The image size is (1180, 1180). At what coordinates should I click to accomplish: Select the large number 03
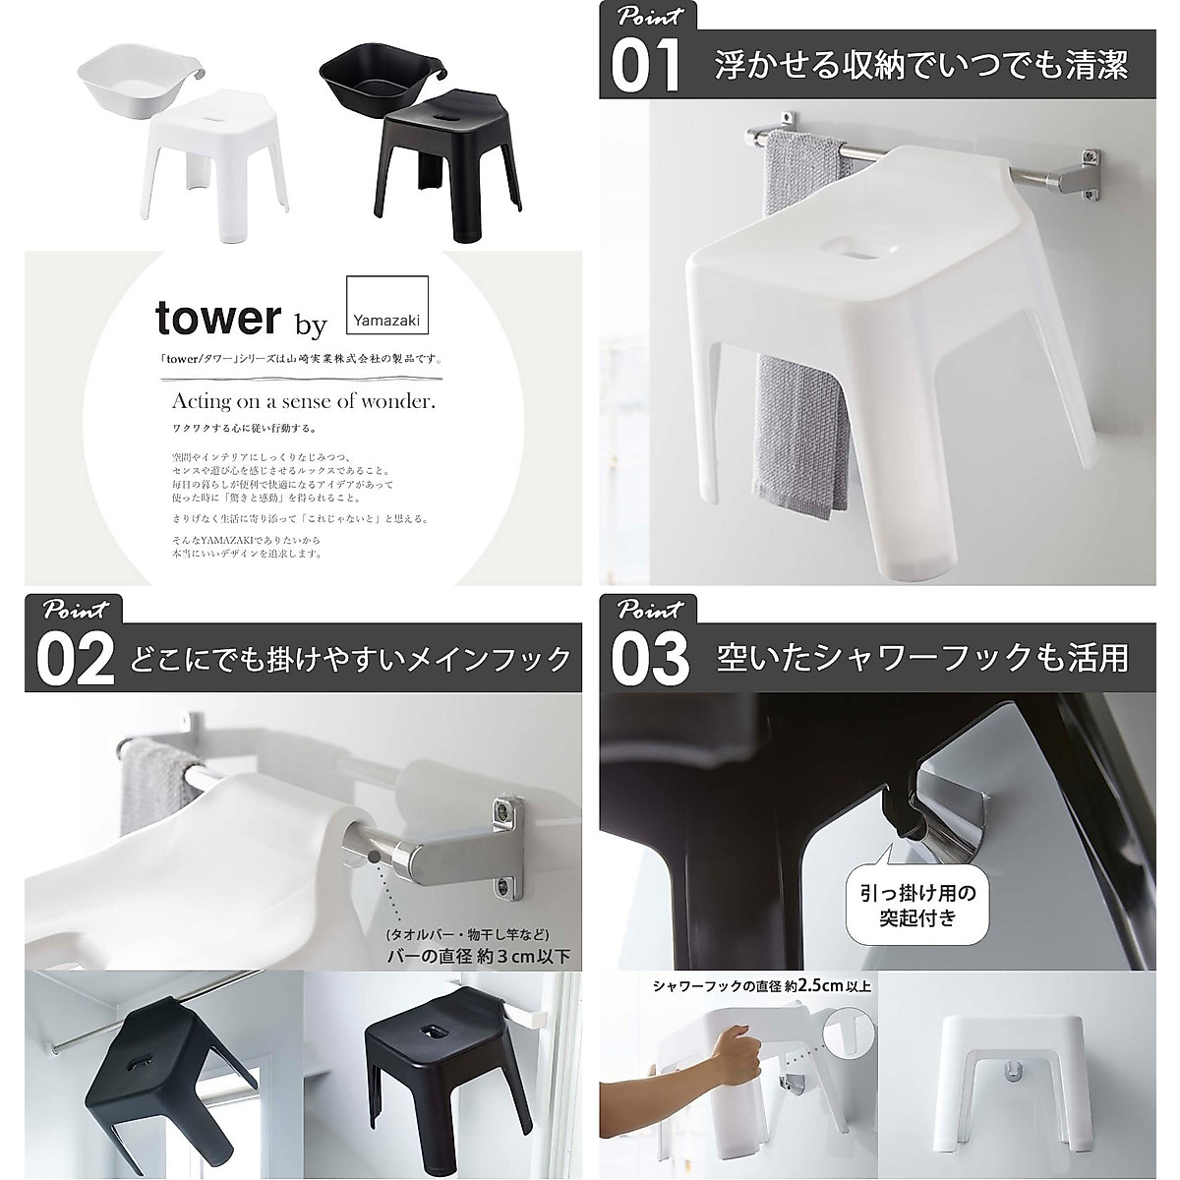click(x=649, y=658)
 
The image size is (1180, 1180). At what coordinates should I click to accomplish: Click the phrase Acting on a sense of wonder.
click(x=303, y=401)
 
